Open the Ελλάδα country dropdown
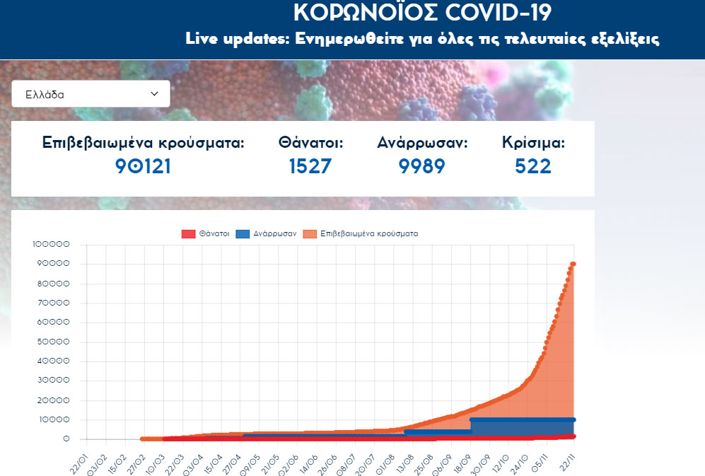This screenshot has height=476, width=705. [x=91, y=93]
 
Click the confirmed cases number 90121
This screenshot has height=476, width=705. [x=144, y=166]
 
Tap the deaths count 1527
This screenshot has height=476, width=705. [x=310, y=166]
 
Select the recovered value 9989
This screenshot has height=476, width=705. [x=422, y=166]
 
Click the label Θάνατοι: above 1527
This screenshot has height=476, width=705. [x=310, y=142]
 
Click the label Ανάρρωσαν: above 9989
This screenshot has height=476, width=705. [x=422, y=142]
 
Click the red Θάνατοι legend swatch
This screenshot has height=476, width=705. [x=187, y=233]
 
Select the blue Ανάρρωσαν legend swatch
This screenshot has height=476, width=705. [x=243, y=233]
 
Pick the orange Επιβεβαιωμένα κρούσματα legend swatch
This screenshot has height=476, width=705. [x=310, y=233]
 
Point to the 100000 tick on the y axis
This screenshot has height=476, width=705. [x=51, y=245]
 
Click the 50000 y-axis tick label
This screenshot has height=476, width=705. [x=53, y=342]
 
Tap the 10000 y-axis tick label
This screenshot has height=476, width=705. [x=53, y=419]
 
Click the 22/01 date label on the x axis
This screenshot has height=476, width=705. [x=78, y=460]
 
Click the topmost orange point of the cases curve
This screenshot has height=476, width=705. [x=573, y=264]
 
